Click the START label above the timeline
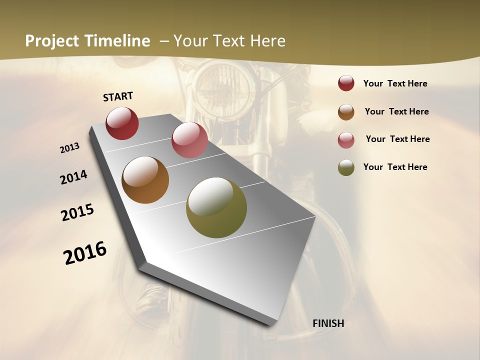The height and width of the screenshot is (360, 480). click(118, 96)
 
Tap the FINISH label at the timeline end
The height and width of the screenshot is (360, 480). click(328, 323)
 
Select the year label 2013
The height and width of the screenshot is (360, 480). click(70, 148)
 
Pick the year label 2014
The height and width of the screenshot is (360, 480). click(74, 177)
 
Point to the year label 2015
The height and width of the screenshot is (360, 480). click(77, 212)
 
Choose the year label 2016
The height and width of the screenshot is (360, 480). click(85, 252)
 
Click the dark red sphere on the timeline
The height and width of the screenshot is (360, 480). click(122, 123)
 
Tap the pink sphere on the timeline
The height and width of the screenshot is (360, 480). click(189, 140)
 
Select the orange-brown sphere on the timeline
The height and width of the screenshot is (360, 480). click(145, 180)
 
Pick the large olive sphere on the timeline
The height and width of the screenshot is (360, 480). click(216, 207)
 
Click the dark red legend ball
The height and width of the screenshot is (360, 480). click(346, 83)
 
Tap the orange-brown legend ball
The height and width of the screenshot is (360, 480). click(346, 111)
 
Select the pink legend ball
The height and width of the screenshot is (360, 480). click(346, 139)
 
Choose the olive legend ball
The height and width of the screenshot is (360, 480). click(346, 167)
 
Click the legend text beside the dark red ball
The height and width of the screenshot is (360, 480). click(395, 83)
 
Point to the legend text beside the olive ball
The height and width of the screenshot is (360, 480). click(395, 167)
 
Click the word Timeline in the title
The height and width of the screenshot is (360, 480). click(118, 41)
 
